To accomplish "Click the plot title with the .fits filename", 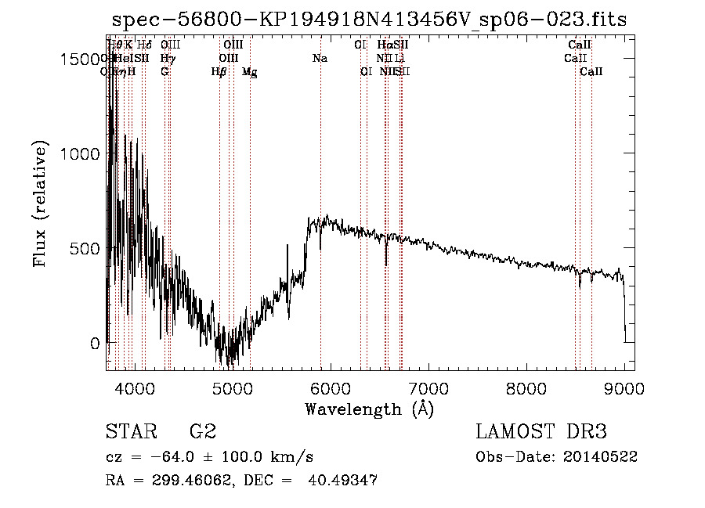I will coord(369,20).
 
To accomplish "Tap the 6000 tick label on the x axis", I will coord(330,387).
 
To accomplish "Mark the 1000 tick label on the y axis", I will coord(79,154).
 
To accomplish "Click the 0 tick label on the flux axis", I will coord(95,344).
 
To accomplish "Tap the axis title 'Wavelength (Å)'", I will coord(369,409).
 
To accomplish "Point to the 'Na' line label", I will coord(320,59).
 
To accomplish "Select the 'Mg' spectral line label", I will coord(249,72).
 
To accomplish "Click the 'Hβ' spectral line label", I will coord(219,72).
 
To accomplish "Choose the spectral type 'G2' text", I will coord(203,432).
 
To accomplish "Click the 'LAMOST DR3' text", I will coord(540,432).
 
